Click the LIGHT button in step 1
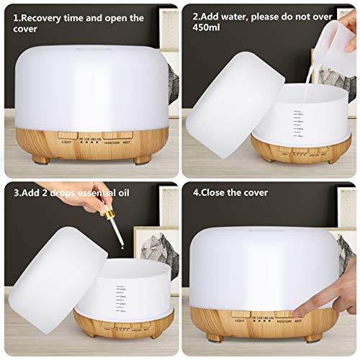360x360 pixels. click(68, 135)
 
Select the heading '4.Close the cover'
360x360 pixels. click(230, 193)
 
